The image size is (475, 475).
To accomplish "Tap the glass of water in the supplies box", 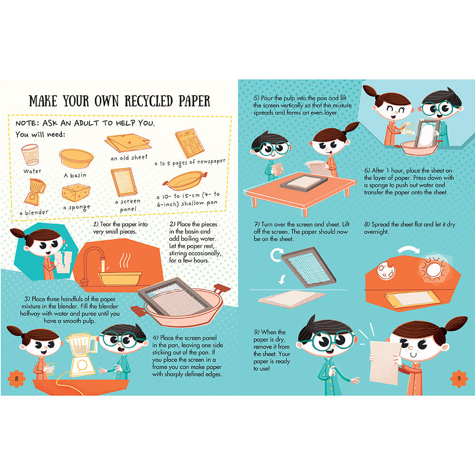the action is click(x=30, y=154).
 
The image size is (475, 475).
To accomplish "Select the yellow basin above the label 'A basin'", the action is click(x=76, y=159).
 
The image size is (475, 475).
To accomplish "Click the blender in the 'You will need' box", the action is click(x=35, y=192).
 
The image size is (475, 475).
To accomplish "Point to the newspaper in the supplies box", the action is click(x=190, y=143).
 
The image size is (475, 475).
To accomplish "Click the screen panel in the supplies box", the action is click(x=124, y=182).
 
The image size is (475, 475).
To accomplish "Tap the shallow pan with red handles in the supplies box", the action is click(x=185, y=180).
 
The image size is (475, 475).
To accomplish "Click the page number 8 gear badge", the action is click(x=16, y=379).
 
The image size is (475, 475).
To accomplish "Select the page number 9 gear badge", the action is click(x=459, y=379).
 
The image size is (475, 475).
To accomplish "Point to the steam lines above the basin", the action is click(x=125, y=260).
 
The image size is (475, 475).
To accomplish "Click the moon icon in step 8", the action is click(x=386, y=271).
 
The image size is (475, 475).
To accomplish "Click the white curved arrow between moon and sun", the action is click(x=409, y=250).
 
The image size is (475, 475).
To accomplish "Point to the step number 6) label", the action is click(x=367, y=170).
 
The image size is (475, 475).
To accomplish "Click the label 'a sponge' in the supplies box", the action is click(x=76, y=208).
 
